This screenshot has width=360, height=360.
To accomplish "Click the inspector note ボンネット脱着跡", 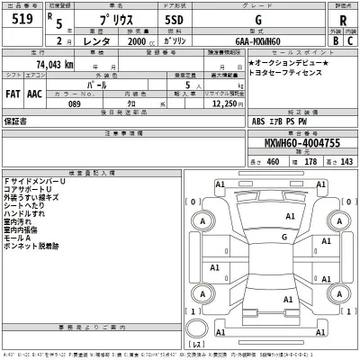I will click(31, 246).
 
